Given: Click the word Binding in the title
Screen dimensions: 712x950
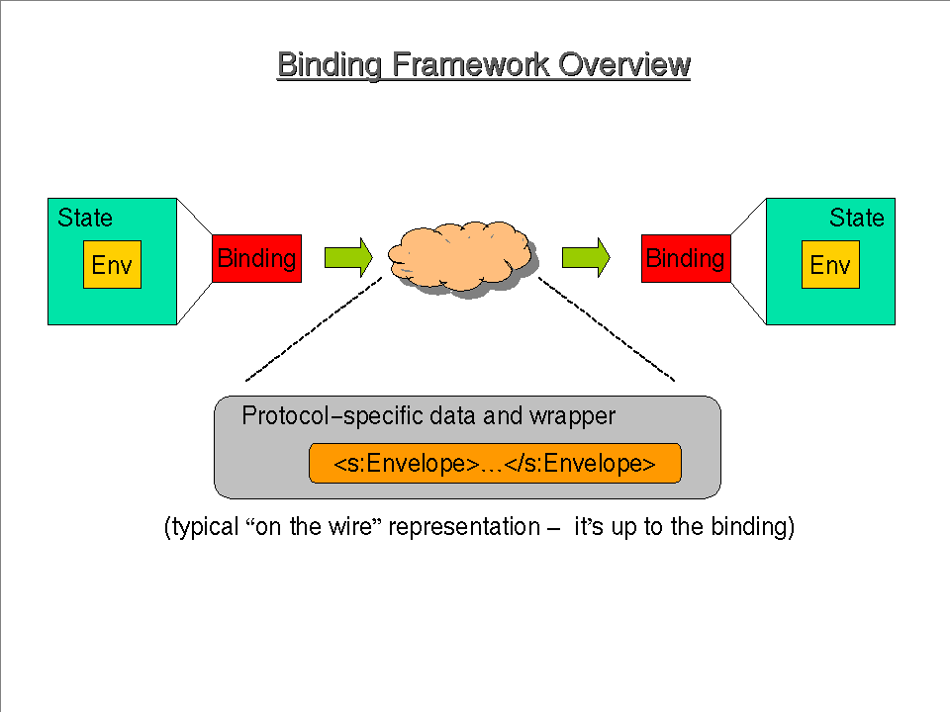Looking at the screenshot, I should tap(330, 65).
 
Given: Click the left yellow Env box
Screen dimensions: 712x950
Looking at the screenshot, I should tap(112, 265).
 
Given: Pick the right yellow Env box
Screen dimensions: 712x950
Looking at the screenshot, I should tap(830, 265).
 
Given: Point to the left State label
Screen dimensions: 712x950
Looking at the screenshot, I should tap(85, 218).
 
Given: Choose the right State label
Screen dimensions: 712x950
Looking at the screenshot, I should tap(857, 218).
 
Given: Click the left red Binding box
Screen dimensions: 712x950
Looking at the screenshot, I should tap(256, 258).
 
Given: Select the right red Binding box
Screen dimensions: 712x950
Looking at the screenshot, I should tap(686, 258).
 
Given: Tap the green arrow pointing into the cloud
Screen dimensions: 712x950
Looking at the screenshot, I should tap(347, 257).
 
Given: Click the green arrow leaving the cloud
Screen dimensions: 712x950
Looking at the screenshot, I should tap(586, 257).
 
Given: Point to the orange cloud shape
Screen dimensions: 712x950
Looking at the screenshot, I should tap(461, 255).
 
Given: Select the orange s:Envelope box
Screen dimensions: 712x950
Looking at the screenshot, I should tap(495, 464).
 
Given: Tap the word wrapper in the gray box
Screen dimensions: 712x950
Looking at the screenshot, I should tap(572, 416).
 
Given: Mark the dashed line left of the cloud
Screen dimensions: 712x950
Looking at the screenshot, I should tap(313, 329).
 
